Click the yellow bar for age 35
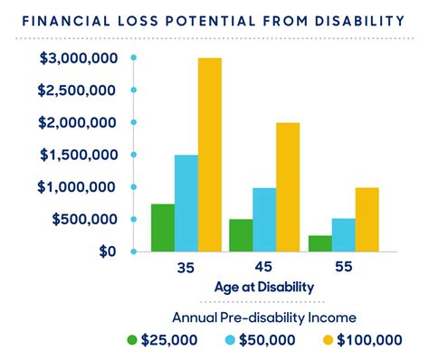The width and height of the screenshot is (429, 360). [210, 155]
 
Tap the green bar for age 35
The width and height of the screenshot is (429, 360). [163, 227]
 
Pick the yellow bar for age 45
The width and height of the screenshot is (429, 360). [288, 186]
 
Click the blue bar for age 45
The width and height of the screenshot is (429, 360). [264, 219]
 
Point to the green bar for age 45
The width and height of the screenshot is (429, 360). [241, 235]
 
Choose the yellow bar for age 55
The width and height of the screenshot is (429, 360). [367, 219]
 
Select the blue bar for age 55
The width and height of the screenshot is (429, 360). [343, 234]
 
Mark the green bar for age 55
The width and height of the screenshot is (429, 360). [319, 242]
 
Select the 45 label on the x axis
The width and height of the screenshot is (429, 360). [264, 269]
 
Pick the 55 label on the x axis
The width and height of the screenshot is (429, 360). [343, 269]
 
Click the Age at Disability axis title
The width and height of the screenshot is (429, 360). [264, 287]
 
